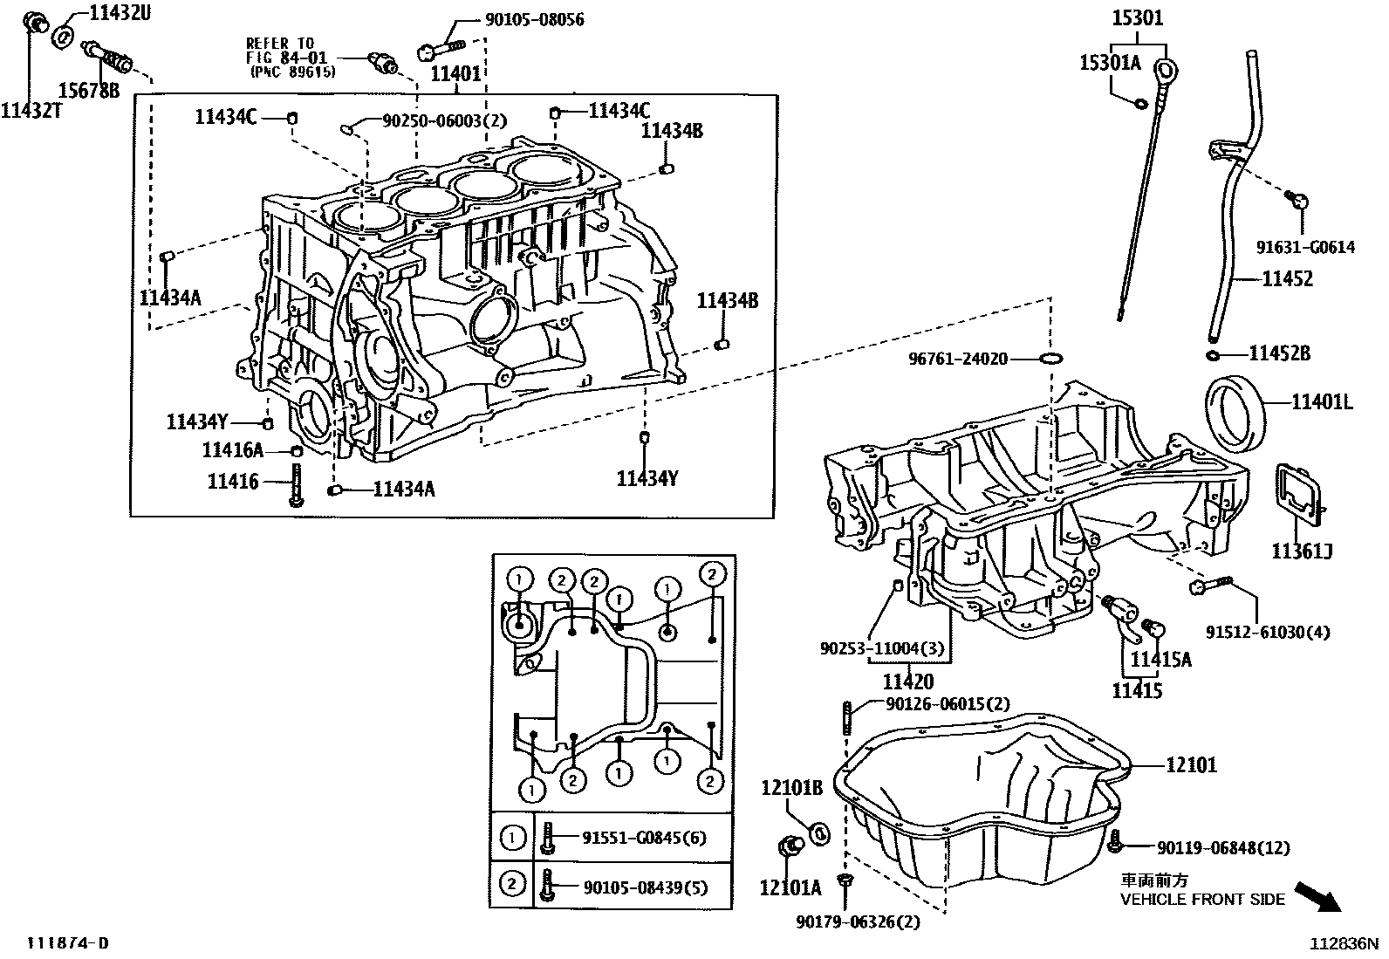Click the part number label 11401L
[x=1322, y=401]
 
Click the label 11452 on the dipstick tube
[x=1288, y=279]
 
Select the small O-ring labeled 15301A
[x=1140, y=104]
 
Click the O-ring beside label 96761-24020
[x=1052, y=359]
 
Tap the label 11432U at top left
[x=120, y=12]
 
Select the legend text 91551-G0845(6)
[x=644, y=838]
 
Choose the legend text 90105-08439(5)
[x=644, y=887]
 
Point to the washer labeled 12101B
[x=821, y=833]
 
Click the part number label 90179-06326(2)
[x=859, y=921]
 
